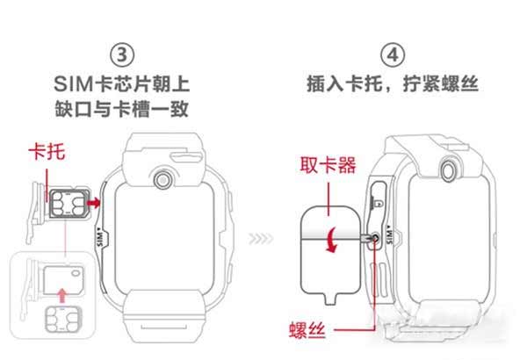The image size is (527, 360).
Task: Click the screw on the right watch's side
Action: [375, 237]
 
